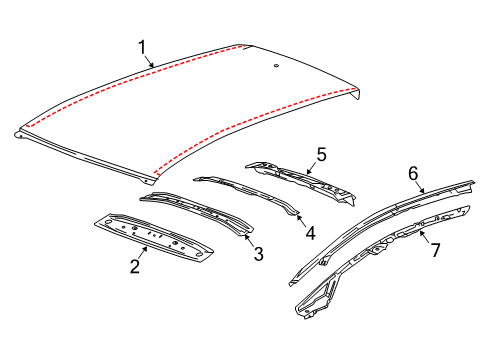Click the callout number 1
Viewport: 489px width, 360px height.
coord(142,46)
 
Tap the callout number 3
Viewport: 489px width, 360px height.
coord(259,254)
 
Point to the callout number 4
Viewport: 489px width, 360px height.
coord(311,234)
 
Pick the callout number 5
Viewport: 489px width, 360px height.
coord(321,155)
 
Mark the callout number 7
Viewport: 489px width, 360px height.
coord(436,249)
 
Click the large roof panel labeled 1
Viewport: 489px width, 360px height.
coord(200,110)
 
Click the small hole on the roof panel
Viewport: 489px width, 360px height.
coord(274,67)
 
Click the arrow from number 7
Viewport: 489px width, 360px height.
coord(424,239)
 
